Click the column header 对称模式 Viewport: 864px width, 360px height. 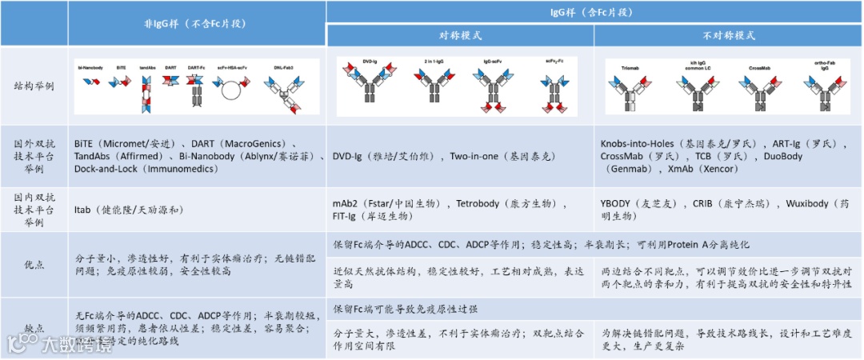coord(461,36)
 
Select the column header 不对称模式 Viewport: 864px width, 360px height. coord(729,36)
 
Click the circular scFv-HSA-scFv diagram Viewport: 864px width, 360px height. coord(230,90)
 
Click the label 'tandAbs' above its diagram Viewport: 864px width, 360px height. coord(147,67)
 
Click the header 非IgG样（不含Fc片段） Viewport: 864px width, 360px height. coord(197,24)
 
